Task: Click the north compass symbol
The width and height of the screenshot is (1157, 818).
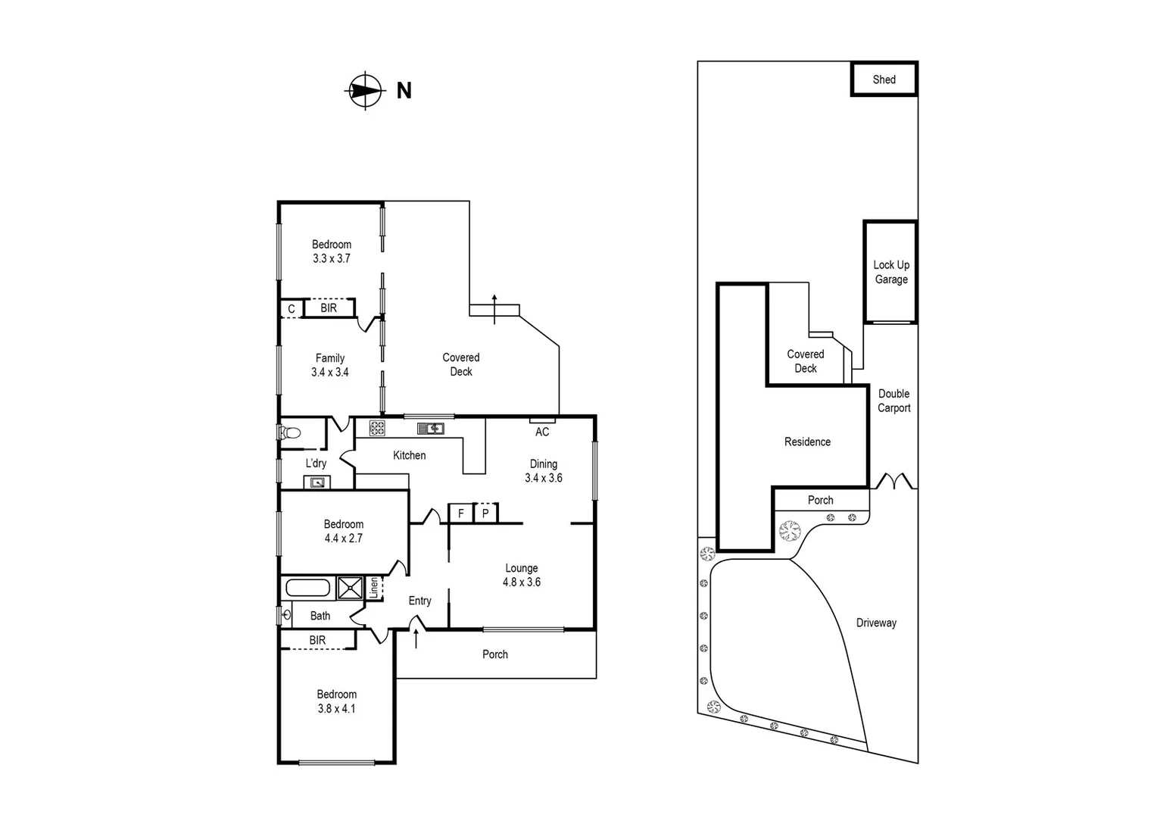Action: coord(365,91)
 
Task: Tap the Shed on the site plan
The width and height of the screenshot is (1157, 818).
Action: coord(884,80)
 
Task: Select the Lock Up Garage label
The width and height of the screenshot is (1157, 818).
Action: coord(891,272)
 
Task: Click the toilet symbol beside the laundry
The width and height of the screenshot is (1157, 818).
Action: coord(289,433)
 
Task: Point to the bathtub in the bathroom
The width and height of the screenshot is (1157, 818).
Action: coord(307,589)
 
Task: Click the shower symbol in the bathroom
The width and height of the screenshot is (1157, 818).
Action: coord(350,589)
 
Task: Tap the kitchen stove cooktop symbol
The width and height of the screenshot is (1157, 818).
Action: coord(377,428)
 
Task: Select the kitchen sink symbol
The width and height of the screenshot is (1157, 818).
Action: coord(430,429)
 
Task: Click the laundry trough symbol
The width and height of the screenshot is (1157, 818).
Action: coord(317,482)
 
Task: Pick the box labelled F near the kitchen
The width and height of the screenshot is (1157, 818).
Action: coord(460,514)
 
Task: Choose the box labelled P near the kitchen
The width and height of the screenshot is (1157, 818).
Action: coord(485,514)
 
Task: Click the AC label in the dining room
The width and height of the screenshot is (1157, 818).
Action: coord(542,432)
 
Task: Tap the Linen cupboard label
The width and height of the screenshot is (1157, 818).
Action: coord(373,589)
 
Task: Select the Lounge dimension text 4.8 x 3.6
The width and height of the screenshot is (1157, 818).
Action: coord(521,582)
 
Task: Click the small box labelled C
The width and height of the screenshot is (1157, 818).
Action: coord(291,309)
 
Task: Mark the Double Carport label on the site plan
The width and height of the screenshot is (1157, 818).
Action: coord(893,401)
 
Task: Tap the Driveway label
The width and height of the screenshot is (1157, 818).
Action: coord(876,623)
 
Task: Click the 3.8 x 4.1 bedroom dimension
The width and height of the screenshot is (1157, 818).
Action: coord(336,709)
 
